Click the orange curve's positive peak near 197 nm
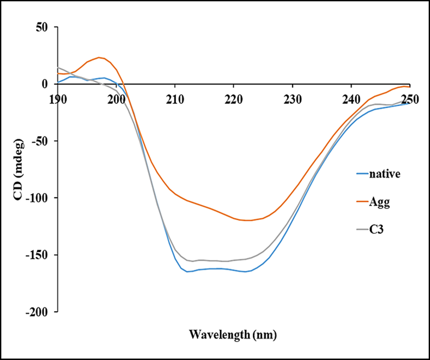pyautogui.click(x=99, y=57)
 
